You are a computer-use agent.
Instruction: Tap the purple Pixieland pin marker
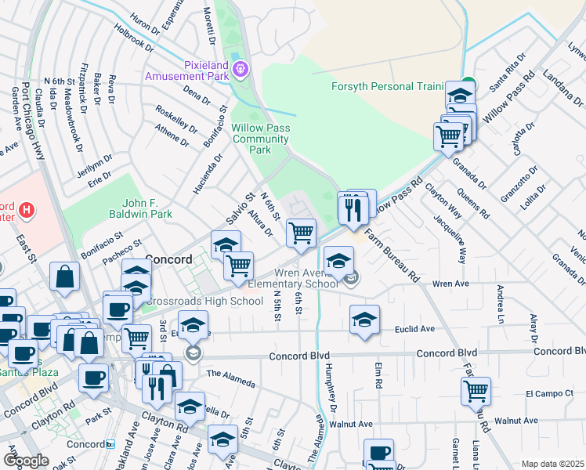tap(240, 70)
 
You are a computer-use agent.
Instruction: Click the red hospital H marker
tap(27, 209)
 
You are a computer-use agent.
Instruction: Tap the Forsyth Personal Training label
tap(387, 86)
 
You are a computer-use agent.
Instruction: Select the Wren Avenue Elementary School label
tap(295, 280)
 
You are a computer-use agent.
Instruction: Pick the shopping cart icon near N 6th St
tap(302, 233)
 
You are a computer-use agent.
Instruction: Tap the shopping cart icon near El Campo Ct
tap(476, 391)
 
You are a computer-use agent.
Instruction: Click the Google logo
tap(26, 461)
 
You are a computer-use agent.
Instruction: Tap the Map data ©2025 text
tap(553, 464)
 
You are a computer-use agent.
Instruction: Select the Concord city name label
tap(168, 259)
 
